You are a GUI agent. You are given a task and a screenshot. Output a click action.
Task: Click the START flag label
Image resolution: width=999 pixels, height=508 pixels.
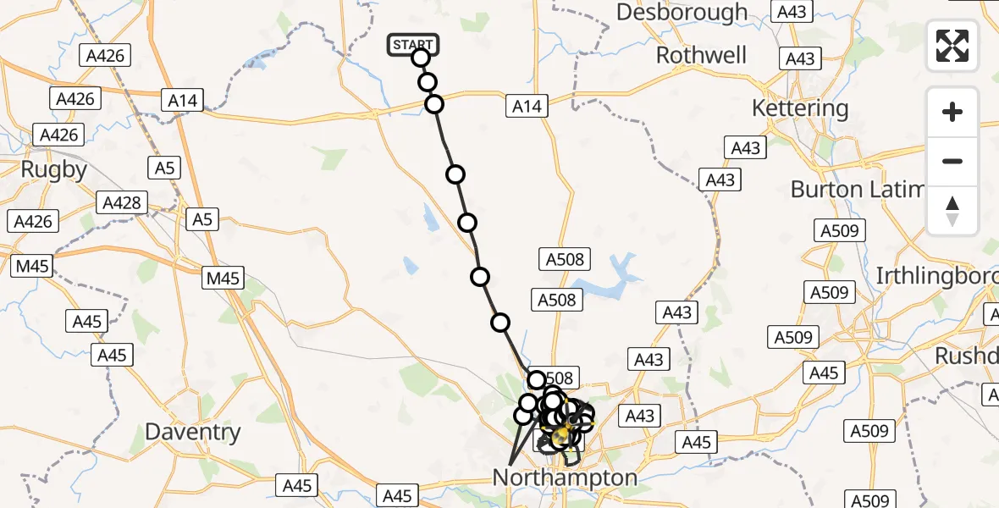413,45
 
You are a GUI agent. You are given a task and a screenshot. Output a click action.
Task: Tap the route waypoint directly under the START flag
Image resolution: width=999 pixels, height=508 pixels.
421,58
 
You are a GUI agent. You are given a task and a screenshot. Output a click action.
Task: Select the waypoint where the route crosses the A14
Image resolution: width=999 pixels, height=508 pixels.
434,104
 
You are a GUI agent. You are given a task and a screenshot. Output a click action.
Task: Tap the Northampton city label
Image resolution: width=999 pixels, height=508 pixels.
565,478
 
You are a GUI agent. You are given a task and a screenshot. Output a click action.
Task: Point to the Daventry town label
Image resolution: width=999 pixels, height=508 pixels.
192,432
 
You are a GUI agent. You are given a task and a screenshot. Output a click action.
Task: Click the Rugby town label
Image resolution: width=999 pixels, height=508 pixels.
54,169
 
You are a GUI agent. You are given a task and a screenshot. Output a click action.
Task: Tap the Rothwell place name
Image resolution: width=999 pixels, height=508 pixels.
701,56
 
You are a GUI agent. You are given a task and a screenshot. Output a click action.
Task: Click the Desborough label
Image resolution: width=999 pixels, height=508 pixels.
682,13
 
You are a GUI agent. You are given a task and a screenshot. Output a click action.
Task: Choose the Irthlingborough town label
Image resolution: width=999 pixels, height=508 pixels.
936,276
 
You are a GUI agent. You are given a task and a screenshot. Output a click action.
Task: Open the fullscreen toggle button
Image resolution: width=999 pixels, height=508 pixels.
952,46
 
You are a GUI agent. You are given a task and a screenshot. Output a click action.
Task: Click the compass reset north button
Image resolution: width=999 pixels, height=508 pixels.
952,211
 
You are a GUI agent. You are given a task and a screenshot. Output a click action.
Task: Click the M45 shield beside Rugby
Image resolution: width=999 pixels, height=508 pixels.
31,267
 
